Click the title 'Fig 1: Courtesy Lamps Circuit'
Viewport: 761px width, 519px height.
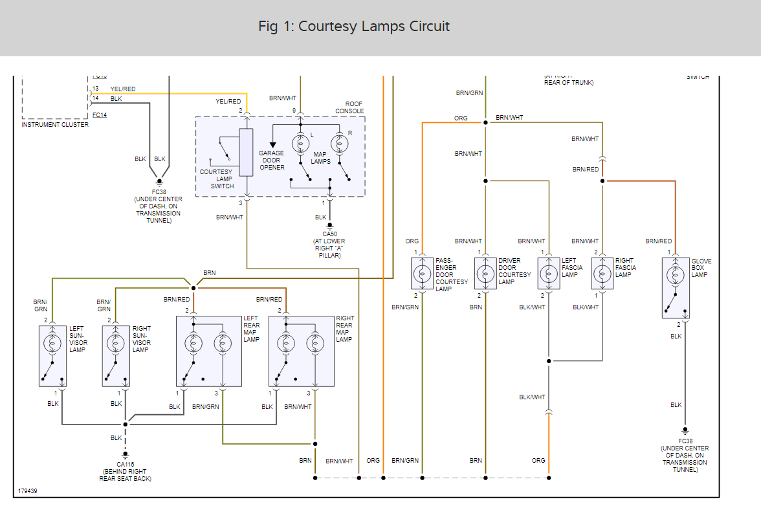point(353,27)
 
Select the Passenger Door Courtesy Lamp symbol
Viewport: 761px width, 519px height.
point(422,273)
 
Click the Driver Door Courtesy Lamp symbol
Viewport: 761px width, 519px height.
point(485,273)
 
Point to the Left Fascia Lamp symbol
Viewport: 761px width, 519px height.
point(549,273)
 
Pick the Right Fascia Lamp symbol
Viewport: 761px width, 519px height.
point(602,273)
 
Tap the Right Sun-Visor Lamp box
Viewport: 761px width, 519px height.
point(116,355)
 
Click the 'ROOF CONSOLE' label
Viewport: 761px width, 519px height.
point(349,107)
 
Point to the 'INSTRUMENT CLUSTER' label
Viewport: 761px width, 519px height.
point(55,125)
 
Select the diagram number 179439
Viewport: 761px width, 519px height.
point(28,491)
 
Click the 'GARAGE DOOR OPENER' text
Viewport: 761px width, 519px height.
point(272,160)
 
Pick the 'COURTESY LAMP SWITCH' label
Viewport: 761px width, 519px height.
point(216,179)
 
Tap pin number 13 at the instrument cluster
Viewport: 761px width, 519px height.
point(96,89)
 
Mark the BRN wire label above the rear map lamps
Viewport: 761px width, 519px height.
point(210,273)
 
